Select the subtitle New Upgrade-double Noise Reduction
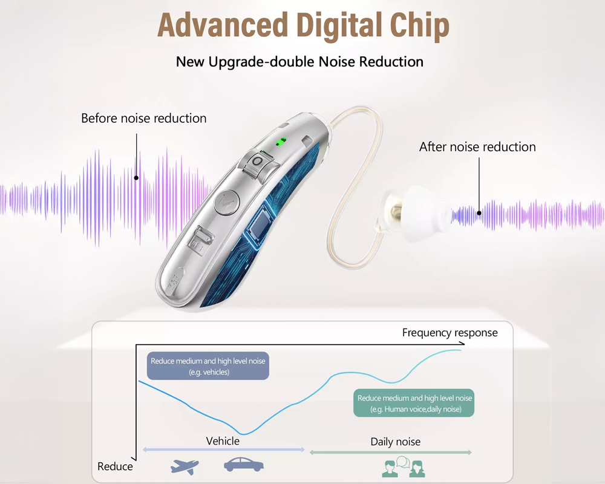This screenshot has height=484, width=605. pyautogui.click(x=299, y=62)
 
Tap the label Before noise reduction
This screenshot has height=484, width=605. pyautogui.click(x=144, y=119)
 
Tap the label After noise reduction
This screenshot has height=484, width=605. pyautogui.click(x=477, y=147)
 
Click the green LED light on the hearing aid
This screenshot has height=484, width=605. pyautogui.click(x=280, y=143)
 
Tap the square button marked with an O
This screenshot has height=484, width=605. pyautogui.click(x=258, y=163)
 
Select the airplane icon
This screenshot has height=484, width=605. pyautogui.click(x=185, y=466)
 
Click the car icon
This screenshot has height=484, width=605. pyautogui.click(x=243, y=465)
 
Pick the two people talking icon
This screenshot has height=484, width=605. pyautogui.click(x=403, y=466)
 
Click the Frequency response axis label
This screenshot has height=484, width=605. pyautogui.click(x=450, y=333)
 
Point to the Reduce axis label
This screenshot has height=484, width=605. pyautogui.click(x=115, y=466)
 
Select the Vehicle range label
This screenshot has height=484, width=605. pyautogui.click(x=223, y=441)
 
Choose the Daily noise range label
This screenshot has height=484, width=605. pyautogui.click(x=395, y=442)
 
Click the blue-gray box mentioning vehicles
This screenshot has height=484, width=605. pyautogui.click(x=208, y=367)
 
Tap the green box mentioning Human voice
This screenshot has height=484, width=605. pyautogui.click(x=414, y=404)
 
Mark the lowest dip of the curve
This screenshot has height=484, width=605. pyautogui.click(x=243, y=433)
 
